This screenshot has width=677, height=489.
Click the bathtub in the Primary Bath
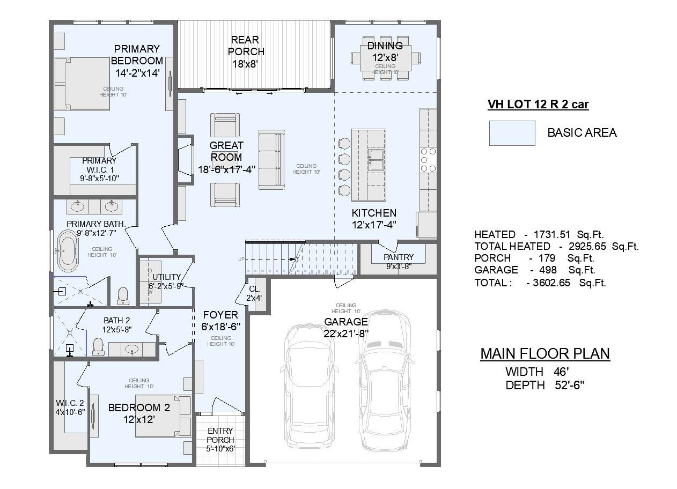[x=68, y=251]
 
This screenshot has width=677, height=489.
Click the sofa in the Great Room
[x=271, y=159]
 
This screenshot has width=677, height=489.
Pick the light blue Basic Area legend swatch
[x=512, y=133]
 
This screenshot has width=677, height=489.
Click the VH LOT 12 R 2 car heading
[x=538, y=105]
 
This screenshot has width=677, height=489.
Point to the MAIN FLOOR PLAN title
[x=544, y=354]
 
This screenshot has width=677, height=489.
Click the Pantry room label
[x=399, y=257]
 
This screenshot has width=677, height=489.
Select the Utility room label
[x=166, y=277]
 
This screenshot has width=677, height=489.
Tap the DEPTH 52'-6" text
[x=544, y=386]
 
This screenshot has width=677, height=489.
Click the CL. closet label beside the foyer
[x=254, y=289]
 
